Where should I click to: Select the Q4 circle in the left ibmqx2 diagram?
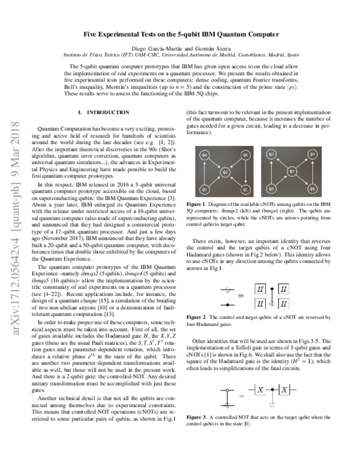tap(204, 156)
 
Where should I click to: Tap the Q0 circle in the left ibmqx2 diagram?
tap(245, 156)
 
